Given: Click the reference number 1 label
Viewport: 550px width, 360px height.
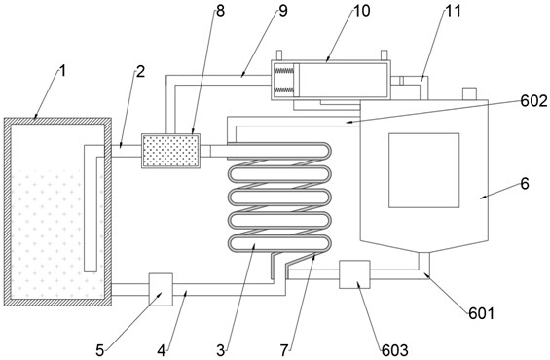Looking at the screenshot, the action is pyautogui.click(x=62, y=71).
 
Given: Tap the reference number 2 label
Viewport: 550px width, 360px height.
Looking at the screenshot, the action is pyautogui.click(x=140, y=71).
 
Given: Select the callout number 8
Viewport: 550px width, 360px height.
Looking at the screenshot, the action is pyautogui.click(x=220, y=11).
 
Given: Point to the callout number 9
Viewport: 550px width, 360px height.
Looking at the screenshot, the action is pyautogui.click(x=283, y=11).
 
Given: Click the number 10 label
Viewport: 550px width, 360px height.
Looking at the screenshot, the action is pyautogui.click(x=362, y=11).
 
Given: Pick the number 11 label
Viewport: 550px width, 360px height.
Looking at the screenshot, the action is pyautogui.click(x=453, y=11).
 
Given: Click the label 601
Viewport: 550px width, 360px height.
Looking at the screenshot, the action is pyautogui.click(x=481, y=313).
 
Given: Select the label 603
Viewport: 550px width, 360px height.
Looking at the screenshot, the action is pyautogui.click(x=395, y=350).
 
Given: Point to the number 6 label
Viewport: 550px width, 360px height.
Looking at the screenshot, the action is pyautogui.click(x=525, y=184).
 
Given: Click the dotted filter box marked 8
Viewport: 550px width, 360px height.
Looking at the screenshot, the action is pyautogui.click(x=170, y=151).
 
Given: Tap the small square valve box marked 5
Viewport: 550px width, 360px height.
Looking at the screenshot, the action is pyautogui.click(x=161, y=290).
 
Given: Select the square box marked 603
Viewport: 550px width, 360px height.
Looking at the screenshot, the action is pyautogui.click(x=354, y=274).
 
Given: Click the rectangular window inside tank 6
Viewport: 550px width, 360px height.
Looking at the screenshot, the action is pyautogui.click(x=424, y=170).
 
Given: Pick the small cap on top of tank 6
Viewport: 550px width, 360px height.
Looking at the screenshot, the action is pyautogui.click(x=469, y=93).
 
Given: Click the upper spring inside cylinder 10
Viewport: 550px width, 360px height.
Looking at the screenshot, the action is pyautogui.click(x=284, y=71).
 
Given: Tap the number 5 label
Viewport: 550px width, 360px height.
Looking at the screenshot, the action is pyautogui.click(x=100, y=350).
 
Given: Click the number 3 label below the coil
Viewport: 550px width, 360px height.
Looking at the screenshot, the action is pyautogui.click(x=221, y=350).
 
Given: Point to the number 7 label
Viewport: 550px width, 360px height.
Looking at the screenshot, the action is pyautogui.click(x=284, y=350).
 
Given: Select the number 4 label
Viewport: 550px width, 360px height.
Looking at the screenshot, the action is pyautogui.click(x=161, y=350).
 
